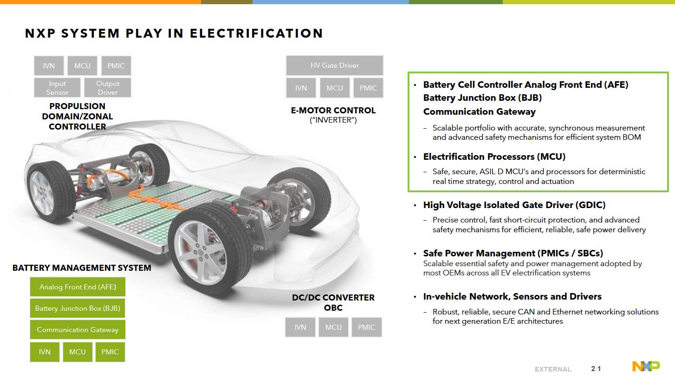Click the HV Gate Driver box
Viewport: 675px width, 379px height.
(x=335, y=65)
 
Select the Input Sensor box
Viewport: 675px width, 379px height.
(x=57, y=88)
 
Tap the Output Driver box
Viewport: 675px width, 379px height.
(x=108, y=88)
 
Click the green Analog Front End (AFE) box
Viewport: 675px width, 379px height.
(x=78, y=287)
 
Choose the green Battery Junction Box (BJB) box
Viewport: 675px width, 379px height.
(x=78, y=308)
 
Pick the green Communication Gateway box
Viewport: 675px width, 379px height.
(x=78, y=330)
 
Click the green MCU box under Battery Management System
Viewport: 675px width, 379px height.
(x=78, y=352)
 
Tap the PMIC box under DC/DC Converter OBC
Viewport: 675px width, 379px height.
(x=366, y=327)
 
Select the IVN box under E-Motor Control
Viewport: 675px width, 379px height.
(x=301, y=88)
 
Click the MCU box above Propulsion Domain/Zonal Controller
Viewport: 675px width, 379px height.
(x=82, y=66)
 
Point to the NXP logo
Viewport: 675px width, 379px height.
(x=646, y=366)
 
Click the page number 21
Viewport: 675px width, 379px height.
(x=596, y=369)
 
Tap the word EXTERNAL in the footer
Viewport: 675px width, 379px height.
(x=553, y=369)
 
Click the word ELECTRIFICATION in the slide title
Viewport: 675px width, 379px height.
(x=256, y=33)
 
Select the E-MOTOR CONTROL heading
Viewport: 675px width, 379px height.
(x=333, y=111)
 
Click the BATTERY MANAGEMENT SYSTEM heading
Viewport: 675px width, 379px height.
(x=82, y=268)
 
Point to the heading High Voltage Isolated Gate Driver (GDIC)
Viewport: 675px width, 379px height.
(x=514, y=205)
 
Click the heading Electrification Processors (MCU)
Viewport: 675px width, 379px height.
(x=494, y=157)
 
